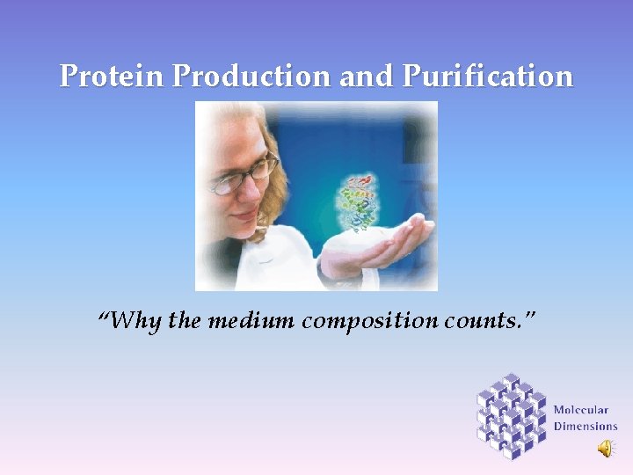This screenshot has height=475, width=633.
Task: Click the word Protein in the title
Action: click(x=112, y=77)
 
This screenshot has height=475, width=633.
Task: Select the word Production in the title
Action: click(x=251, y=77)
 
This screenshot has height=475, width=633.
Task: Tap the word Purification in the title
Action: click(x=488, y=77)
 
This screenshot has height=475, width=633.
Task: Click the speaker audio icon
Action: click(x=607, y=449)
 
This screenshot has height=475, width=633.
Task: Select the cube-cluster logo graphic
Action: click(x=512, y=415)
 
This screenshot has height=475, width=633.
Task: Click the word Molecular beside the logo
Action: click(x=581, y=410)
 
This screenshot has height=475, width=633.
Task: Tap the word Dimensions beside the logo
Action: click(x=586, y=427)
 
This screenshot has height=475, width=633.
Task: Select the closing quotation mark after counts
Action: click(x=527, y=315)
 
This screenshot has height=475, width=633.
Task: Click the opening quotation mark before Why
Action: click(x=105, y=315)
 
